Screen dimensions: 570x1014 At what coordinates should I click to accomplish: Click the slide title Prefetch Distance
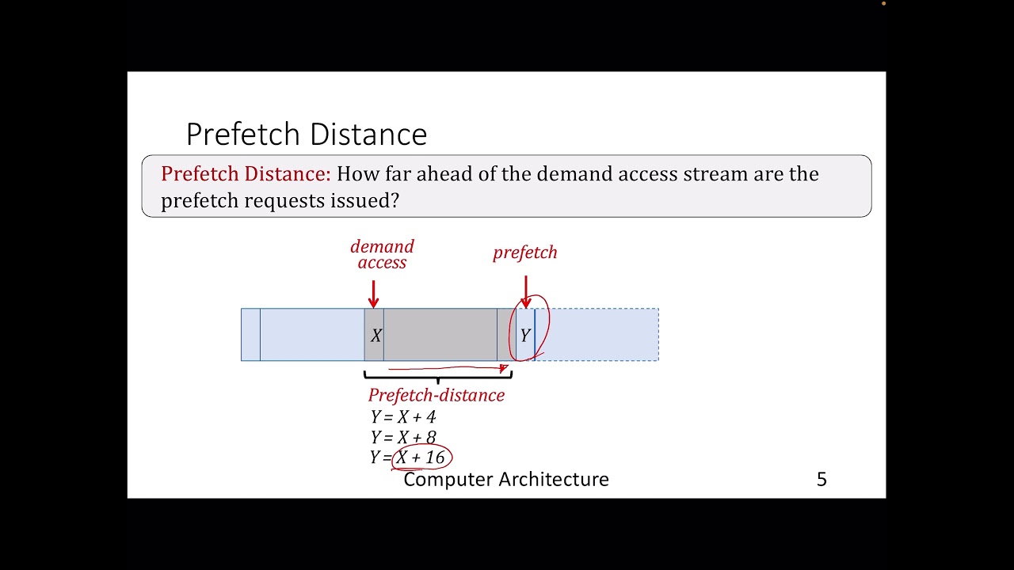point(306,135)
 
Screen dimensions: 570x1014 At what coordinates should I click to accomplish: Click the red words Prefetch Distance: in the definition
point(246,174)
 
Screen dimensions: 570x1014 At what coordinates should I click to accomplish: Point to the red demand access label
point(382,255)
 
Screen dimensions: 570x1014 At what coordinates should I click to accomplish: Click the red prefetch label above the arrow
point(525,253)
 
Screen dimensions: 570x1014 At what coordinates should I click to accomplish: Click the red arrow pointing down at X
point(374,293)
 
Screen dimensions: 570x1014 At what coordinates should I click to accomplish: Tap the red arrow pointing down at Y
point(525,291)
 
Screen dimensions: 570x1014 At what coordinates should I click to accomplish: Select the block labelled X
point(375,335)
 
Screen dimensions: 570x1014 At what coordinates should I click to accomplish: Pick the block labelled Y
point(525,335)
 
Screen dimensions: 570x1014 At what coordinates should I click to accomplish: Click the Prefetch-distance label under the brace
point(436,395)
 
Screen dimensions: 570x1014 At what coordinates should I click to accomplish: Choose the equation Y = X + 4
point(402,417)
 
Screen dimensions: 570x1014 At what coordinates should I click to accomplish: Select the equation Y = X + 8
point(402,437)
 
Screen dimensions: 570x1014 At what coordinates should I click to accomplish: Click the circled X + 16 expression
point(421,457)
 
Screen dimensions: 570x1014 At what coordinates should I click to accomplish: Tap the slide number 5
point(821,479)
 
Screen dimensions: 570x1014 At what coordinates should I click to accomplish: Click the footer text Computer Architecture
point(506,479)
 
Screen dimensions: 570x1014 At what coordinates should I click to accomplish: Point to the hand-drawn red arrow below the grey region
point(448,368)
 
